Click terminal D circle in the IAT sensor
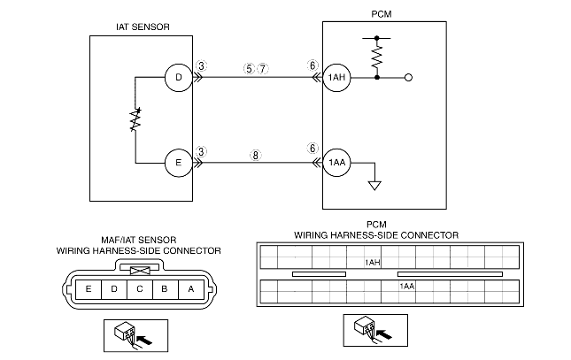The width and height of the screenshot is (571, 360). (x=179, y=78)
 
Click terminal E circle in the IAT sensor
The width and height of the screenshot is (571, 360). (x=179, y=163)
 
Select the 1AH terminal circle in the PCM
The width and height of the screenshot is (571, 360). (x=336, y=78)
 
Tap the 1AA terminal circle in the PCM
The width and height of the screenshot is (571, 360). (x=336, y=163)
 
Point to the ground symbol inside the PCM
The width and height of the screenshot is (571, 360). (x=375, y=185)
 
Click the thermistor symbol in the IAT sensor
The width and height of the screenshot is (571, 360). (x=135, y=120)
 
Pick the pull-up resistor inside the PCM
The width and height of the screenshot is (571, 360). (x=378, y=57)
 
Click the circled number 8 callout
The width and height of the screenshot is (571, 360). (x=256, y=153)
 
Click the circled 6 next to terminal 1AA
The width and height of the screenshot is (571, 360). (x=312, y=149)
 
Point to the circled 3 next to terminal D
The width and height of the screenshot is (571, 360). (x=203, y=65)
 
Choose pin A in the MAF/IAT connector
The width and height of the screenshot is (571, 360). (x=191, y=288)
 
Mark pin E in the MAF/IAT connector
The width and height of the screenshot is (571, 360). (x=88, y=288)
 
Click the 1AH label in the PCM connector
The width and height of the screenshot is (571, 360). (x=374, y=263)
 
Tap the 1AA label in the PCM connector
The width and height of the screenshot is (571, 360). (x=407, y=287)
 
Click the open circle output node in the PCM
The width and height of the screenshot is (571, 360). (x=408, y=78)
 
